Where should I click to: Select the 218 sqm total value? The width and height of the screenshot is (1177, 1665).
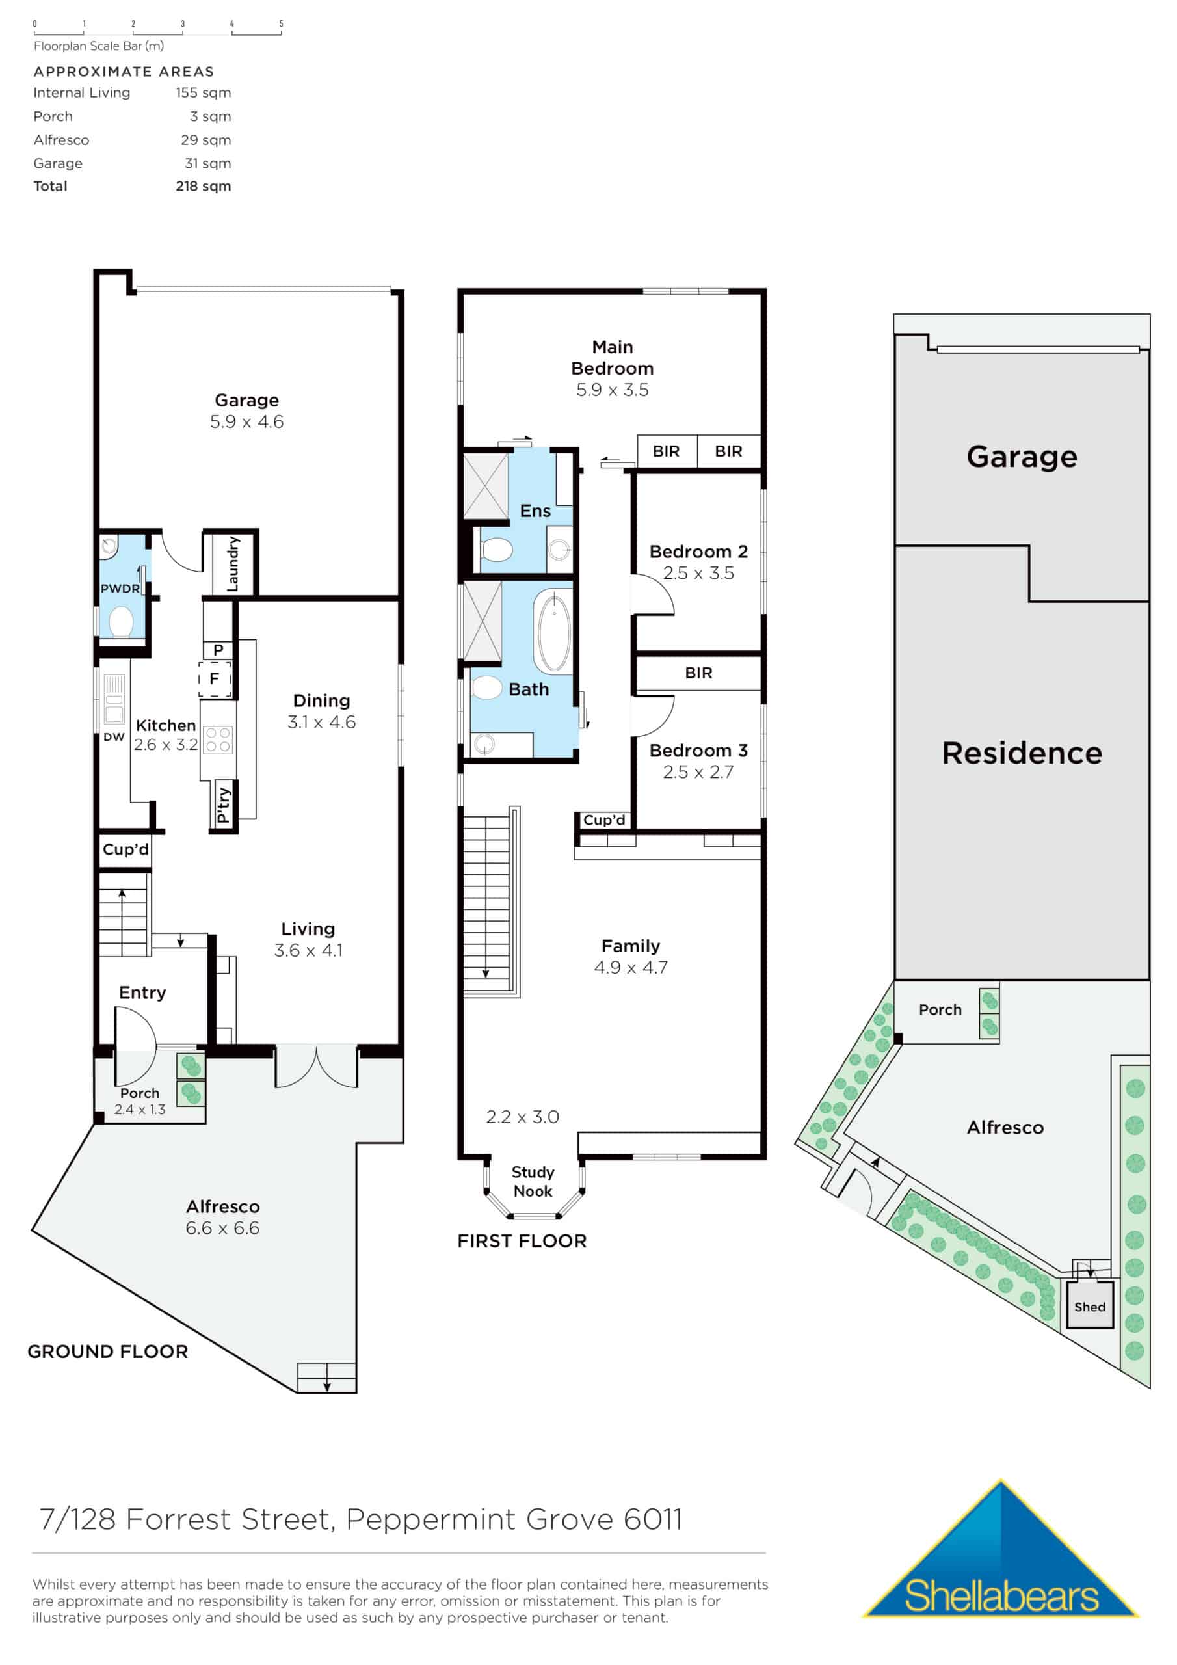pyautogui.click(x=203, y=187)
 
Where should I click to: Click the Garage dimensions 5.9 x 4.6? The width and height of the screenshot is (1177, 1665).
pyautogui.click(x=246, y=422)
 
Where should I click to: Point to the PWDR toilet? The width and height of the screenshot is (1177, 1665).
pyautogui.click(x=121, y=622)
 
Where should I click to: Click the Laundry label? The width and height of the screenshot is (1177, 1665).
pyautogui.click(x=233, y=563)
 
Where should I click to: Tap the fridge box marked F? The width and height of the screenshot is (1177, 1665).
pyautogui.click(x=215, y=679)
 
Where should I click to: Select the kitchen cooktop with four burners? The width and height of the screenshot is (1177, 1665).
pyautogui.click(x=218, y=739)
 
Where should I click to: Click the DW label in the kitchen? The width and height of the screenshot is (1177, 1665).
pyautogui.click(x=114, y=737)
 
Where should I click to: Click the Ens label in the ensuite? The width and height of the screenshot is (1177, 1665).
pyautogui.click(x=535, y=511)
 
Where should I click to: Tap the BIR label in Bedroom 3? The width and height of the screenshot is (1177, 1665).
pyautogui.click(x=698, y=673)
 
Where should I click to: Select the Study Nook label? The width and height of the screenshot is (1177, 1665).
pyautogui.click(x=533, y=1181)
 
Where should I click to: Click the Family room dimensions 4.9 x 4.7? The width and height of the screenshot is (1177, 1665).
pyautogui.click(x=630, y=967)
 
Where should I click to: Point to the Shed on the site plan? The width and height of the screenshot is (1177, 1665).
pyautogui.click(x=1089, y=1307)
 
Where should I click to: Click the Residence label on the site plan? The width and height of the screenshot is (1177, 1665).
pyautogui.click(x=1021, y=753)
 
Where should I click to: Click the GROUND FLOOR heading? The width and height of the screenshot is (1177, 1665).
pyautogui.click(x=108, y=1352)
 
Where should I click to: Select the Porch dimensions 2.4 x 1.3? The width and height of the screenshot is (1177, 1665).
pyautogui.click(x=140, y=1110)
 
